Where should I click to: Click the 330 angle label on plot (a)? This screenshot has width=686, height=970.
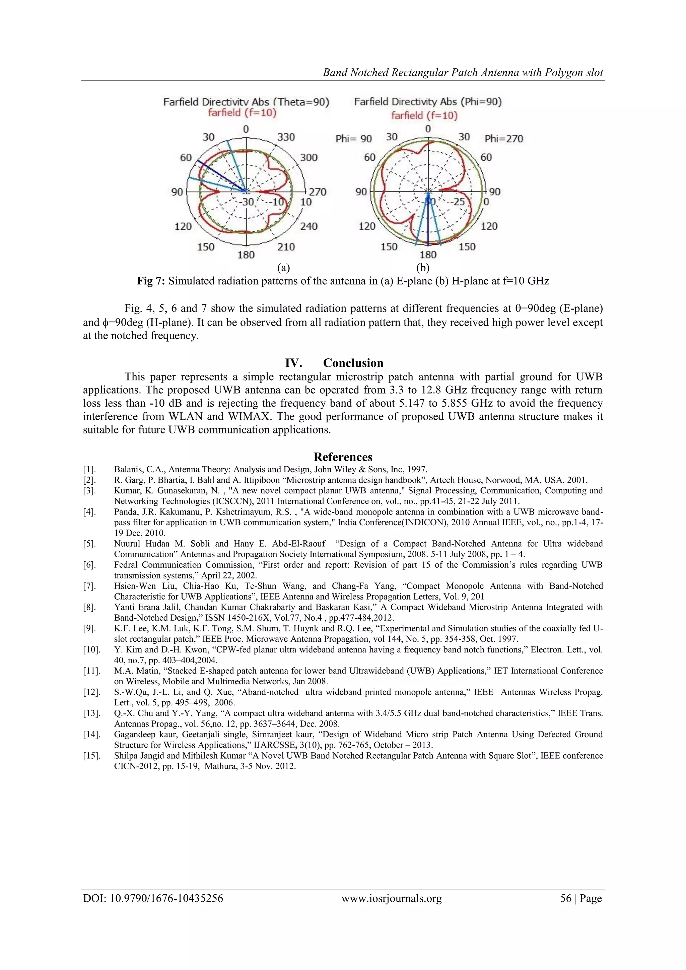(286, 137)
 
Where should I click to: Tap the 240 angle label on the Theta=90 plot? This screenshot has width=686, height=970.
(308, 226)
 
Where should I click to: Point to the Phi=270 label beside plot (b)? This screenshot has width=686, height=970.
(503, 139)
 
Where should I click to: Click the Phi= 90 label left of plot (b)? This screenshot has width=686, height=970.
(354, 139)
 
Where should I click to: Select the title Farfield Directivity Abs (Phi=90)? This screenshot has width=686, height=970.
(427, 102)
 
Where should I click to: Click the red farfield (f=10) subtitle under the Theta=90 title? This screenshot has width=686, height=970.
(242, 113)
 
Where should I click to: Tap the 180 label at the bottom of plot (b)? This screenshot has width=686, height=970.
(428, 255)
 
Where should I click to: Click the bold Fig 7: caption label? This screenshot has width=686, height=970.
(152, 281)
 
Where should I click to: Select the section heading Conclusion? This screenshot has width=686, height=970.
(353, 363)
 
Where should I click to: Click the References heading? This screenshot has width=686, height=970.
(343, 457)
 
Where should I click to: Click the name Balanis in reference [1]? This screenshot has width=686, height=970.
(126, 469)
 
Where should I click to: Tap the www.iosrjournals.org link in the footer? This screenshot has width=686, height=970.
(391, 898)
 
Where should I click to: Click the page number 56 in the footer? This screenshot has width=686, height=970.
(565, 898)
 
